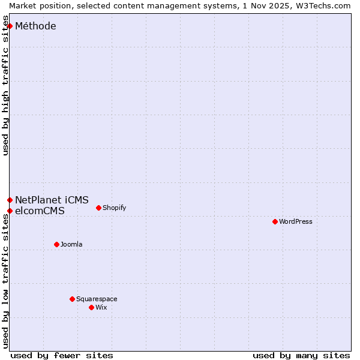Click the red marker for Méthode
point(10,26)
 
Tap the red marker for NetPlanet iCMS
point(10,200)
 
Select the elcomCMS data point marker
point(10,211)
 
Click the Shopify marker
point(98,208)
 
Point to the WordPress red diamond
point(275,221)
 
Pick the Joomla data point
point(56,244)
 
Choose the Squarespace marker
point(72,299)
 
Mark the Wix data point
point(91,307)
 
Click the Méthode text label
point(35,26)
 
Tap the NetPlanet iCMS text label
point(52,200)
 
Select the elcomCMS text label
point(40,211)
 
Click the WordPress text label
point(296,221)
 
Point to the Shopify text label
point(114,208)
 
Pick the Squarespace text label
point(97,299)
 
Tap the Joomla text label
point(71,244)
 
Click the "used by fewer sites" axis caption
point(62,355)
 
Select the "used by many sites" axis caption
point(301,355)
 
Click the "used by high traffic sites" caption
point(5,89)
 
